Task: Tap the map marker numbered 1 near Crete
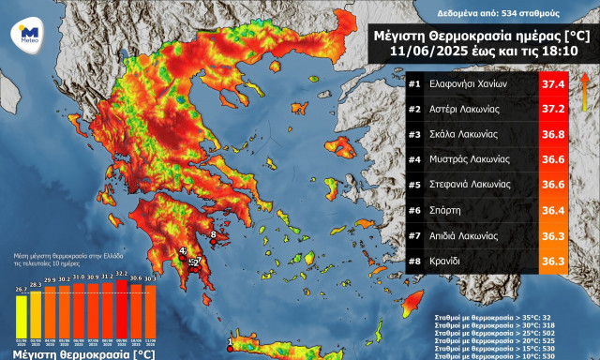pos(231,349)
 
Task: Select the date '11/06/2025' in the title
pos(418,52)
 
